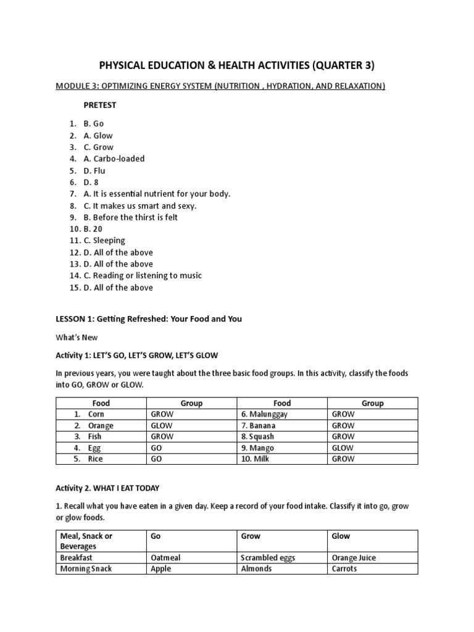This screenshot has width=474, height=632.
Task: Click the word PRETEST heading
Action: [99, 105]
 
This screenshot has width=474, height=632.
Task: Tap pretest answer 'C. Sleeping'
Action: [104, 240]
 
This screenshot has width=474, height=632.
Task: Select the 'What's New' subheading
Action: [77, 338]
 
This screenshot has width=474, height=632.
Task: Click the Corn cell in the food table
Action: [96, 415]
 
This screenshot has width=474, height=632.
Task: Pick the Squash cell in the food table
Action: [258, 437]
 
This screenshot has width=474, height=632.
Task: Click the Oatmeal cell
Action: [166, 557]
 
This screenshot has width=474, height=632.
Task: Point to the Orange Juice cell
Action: [354, 557]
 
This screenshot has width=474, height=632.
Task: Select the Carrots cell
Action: [344, 568]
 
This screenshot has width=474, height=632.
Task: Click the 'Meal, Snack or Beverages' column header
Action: [86, 541]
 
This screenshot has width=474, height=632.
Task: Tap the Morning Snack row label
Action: [86, 568]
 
